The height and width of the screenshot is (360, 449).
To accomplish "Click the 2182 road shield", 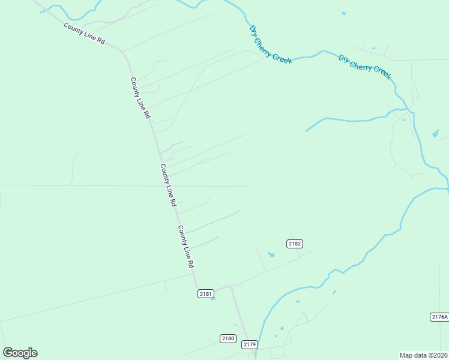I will pos(294,244).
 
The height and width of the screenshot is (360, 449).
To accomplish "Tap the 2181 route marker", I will pos(205,293).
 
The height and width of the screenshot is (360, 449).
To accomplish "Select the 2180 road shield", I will pos(228,338).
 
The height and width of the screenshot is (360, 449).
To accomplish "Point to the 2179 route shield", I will pos(250,344).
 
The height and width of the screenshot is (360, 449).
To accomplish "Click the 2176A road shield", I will pos(439,317).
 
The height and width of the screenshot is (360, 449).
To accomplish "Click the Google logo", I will pos(20,353).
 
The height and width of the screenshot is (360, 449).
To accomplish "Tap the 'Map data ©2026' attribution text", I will pos(424,355).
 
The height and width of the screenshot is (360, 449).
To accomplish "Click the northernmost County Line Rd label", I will pos(85,33).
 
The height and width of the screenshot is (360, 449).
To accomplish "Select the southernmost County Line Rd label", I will pos(186,246).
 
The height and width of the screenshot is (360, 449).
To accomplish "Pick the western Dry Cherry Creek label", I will pos(270,44).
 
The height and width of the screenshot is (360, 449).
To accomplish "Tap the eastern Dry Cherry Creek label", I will pos(364,67).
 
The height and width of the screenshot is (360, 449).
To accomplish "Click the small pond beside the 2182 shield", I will pos(271,255).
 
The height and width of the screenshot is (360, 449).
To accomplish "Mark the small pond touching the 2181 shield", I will pos(212,298).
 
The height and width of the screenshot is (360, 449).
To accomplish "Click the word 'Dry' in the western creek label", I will pos(253,29).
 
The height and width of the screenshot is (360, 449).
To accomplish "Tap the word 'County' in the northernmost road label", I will pos(74,28).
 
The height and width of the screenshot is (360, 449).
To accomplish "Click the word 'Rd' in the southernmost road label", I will pos(191,263).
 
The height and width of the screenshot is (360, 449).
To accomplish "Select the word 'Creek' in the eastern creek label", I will pos(382,73).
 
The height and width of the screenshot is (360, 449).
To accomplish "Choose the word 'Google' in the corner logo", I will pos(20,353).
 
